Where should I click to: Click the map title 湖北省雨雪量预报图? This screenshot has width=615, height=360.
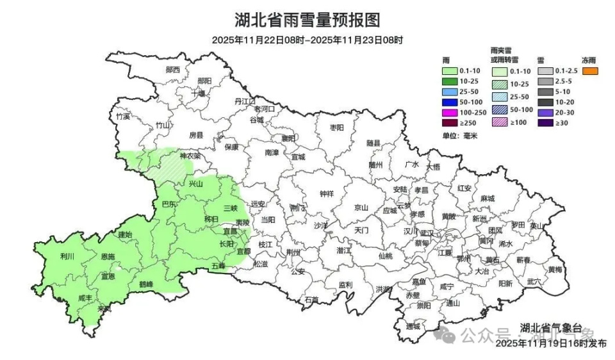[307, 20]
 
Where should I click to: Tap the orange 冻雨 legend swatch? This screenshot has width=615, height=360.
[589, 71]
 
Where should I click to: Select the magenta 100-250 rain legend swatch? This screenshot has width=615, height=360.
[451, 112]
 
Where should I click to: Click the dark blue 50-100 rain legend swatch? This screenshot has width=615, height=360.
[451, 102]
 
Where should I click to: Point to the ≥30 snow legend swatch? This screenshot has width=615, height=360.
[545, 123]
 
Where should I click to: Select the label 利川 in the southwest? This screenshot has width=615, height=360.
[67, 256]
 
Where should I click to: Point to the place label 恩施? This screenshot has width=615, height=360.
[108, 256]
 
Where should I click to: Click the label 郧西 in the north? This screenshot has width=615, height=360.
[172, 69]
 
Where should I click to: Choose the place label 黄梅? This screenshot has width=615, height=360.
[555, 269]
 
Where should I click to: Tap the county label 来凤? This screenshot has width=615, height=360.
[104, 309]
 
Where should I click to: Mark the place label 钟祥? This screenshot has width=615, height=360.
[326, 193]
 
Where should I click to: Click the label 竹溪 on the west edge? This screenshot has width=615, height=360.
[123, 117]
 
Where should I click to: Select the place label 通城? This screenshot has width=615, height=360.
[413, 326]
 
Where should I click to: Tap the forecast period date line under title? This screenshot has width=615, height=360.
[307, 40]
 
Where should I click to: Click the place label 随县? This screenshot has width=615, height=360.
[373, 143]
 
